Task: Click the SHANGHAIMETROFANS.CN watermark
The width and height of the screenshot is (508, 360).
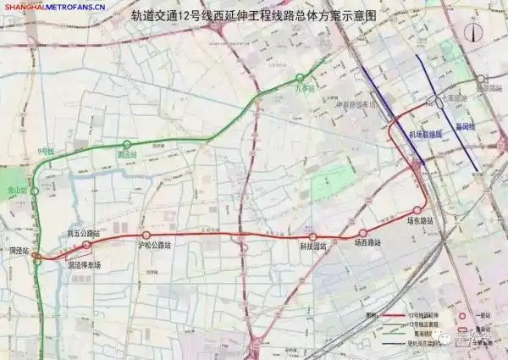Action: click(x=53, y=7)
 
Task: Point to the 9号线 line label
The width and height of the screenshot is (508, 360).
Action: click(x=46, y=152)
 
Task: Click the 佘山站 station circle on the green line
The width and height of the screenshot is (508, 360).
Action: click(x=35, y=191)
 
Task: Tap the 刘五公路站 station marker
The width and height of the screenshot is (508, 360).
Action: click(x=87, y=245)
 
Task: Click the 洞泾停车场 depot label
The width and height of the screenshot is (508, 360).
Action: click(x=84, y=265)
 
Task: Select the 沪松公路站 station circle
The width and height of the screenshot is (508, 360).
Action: click(x=146, y=235)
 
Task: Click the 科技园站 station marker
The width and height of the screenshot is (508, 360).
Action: click(x=312, y=236)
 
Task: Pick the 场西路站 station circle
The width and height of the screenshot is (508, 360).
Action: click(x=364, y=232)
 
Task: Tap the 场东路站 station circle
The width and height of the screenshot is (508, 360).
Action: click(x=417, y=211)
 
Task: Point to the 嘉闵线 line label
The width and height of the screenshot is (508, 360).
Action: click(x=465, y=127)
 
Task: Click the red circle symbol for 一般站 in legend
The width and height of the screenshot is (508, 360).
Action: click(x=462, y=315)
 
